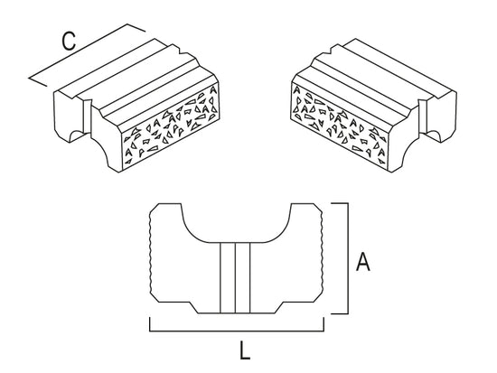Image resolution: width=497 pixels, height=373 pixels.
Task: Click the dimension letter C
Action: point(69,42)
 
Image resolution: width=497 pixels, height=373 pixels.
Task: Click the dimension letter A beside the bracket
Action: point(362,261)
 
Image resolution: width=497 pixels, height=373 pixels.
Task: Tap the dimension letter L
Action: point(245,350)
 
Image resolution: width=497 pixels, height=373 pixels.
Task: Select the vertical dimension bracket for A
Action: point(348,258)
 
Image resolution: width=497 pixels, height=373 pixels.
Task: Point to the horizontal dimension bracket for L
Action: point(237,331)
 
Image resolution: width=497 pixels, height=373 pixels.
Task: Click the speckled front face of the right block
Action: point(340,124)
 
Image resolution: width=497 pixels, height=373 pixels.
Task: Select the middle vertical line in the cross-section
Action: point(235,278)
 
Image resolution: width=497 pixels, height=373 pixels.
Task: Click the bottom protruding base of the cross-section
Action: point(236,308)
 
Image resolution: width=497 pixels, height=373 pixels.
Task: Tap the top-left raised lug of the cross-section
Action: point(167,211)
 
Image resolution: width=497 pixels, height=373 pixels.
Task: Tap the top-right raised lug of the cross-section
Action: point(305,211)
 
